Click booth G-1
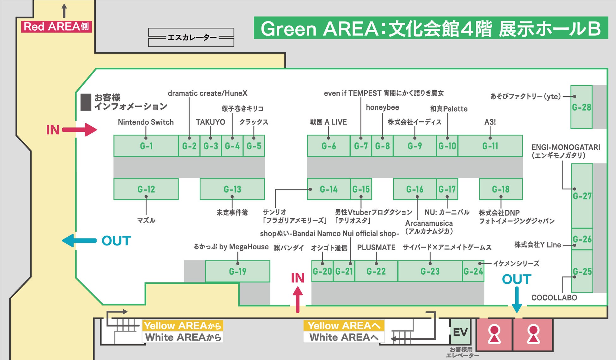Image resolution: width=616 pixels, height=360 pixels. (146, 146)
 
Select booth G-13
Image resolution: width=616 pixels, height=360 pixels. (232, 189)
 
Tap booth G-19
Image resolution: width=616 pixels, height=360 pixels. (238, 271)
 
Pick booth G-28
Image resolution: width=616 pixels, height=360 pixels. (581, 107)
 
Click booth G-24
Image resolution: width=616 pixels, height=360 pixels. (473, 271)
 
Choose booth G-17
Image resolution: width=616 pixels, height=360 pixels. (447, 189)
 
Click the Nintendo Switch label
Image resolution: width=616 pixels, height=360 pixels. (146, 122)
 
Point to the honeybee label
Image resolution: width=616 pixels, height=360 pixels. (382, 107)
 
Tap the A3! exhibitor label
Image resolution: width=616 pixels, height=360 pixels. (490, 122)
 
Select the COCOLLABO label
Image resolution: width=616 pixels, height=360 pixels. (554, 298)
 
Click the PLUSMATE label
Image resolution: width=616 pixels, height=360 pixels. (376, 247)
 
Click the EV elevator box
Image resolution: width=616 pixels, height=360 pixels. (460, 332)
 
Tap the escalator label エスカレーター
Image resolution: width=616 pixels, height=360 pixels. (191, 38)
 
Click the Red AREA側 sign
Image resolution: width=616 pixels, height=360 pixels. (56, 27)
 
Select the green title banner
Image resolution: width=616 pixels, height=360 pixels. (431, 28)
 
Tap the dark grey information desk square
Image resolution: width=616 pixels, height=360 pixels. (86, 102)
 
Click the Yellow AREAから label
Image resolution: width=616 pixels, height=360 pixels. (183, 326)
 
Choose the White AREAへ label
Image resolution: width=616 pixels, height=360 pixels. (344, 337)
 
